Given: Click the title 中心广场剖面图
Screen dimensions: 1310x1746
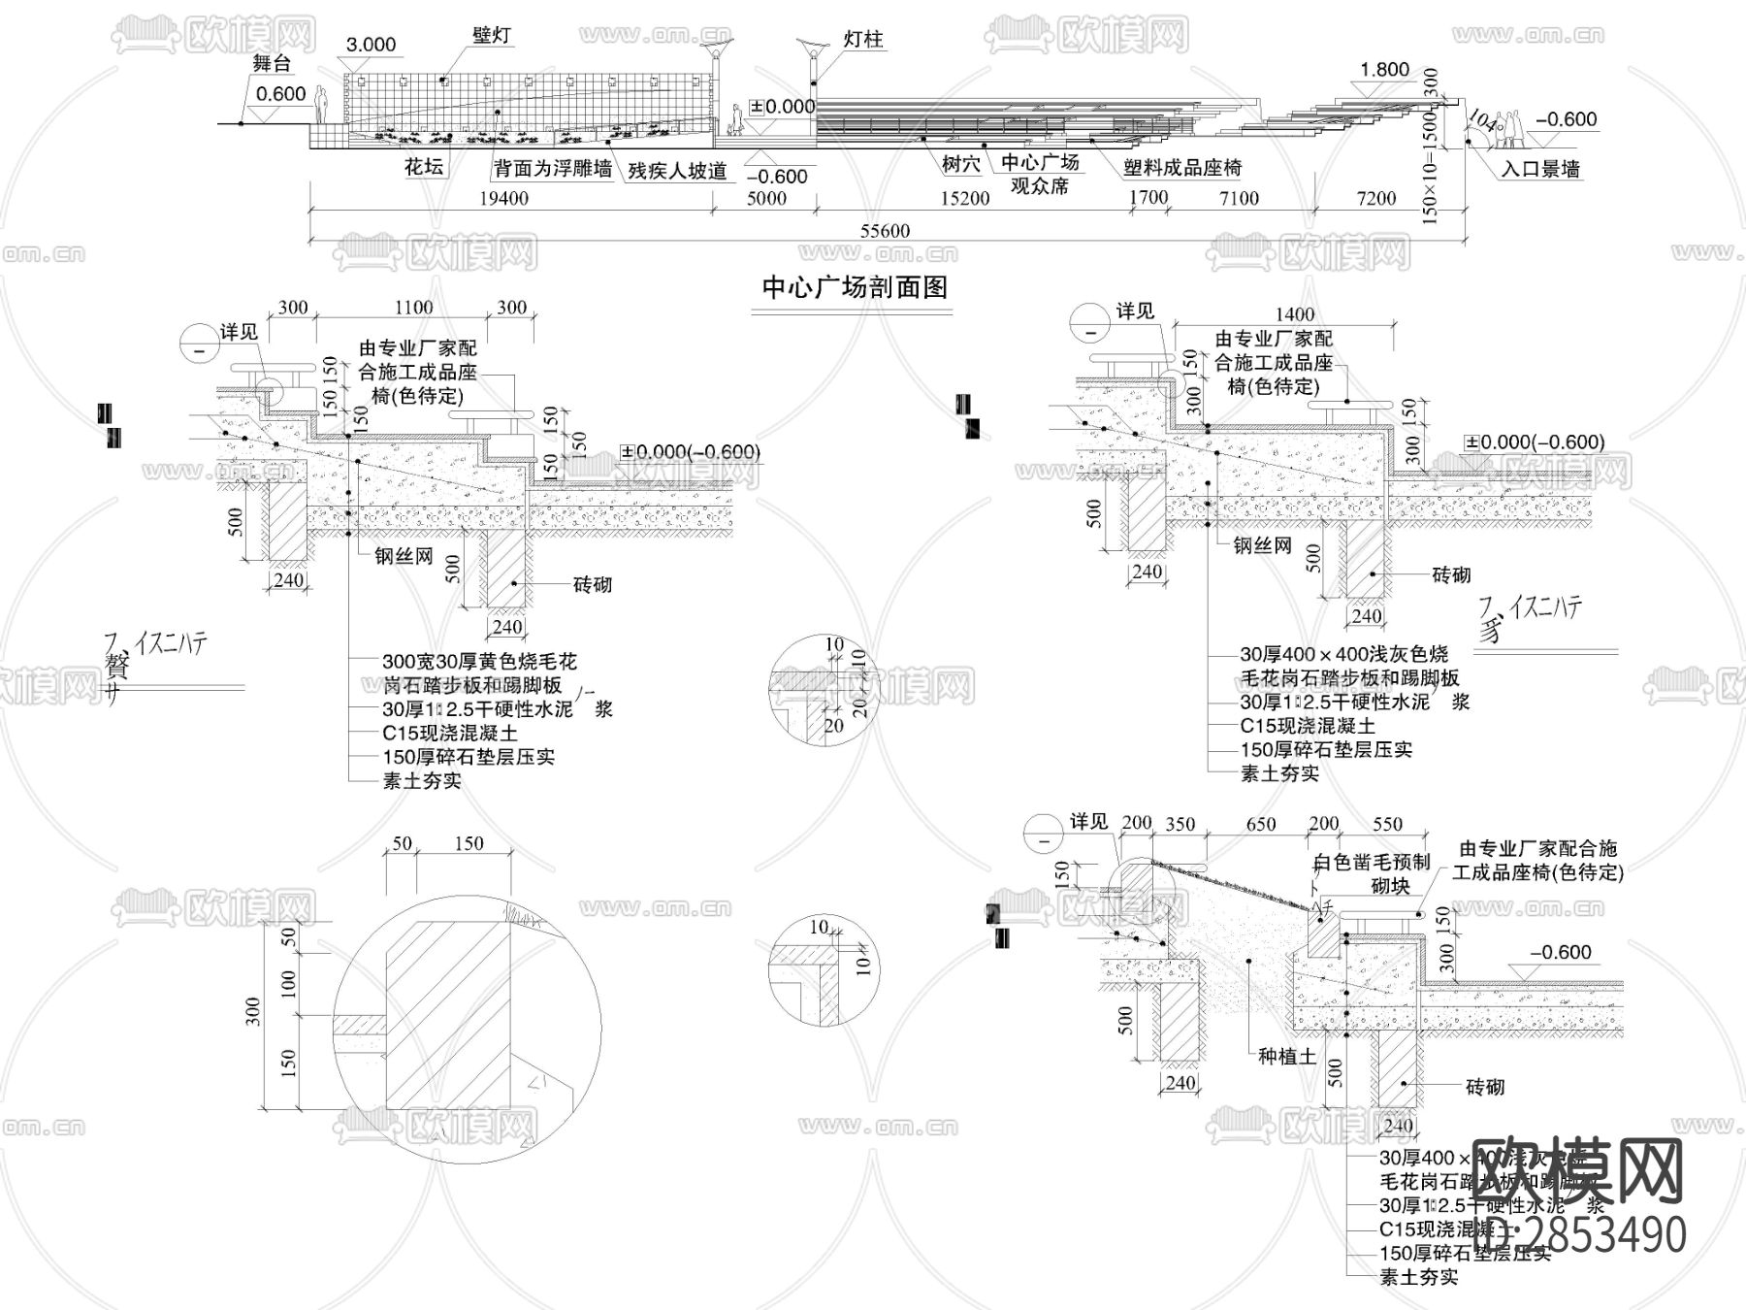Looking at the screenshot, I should (854, 288).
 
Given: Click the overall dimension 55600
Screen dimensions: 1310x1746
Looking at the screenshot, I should (885, 231).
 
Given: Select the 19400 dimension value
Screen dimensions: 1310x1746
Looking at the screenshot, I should (504, 199).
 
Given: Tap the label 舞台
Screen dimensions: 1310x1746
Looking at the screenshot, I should (272, 65).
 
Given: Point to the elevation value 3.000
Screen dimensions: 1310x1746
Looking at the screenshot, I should (371, 45).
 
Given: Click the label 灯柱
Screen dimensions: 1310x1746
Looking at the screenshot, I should (862, 40).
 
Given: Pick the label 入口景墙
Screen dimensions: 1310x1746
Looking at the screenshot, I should (1540, 169).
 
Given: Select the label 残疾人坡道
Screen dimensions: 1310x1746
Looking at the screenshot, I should (677, 172).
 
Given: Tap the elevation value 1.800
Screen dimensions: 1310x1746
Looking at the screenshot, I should (1384, 70).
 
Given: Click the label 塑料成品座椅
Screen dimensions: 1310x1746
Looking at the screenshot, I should (1182, 168).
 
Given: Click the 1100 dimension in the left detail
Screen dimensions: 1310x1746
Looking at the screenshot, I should (413, 308).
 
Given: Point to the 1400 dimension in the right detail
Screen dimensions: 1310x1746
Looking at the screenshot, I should (1295, 313).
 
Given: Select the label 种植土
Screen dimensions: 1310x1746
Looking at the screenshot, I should (1287, 1057).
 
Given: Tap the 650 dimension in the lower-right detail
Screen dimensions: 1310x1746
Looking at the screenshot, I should (1260, 824).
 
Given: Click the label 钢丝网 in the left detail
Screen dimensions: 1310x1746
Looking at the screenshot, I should (404, 559).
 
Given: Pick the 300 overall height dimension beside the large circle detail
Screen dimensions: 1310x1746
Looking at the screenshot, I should (253, 1011).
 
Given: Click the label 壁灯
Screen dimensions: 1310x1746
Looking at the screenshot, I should (492, 36).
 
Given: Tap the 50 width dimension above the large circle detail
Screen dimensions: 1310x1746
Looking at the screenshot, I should (403, 843).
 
